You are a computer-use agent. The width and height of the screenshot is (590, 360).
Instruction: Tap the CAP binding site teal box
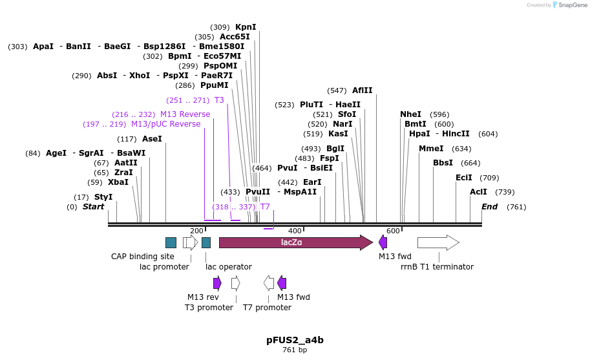171,242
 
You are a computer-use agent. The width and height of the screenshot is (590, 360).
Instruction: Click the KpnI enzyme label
246,27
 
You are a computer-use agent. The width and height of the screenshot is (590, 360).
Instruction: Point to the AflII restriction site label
362,90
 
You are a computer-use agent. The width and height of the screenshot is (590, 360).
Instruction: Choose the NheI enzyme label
410,114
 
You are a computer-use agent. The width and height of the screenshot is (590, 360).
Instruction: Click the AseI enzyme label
151,139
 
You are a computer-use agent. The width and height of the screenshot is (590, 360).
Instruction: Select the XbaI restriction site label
118,182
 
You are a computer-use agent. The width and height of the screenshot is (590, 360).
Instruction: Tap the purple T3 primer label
219,100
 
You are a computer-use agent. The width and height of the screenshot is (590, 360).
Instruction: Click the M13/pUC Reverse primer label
165,124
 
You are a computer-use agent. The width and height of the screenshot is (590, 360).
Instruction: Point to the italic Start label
93,207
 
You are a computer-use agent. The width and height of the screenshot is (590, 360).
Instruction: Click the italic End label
489,207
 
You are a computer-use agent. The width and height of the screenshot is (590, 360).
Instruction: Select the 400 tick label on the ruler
295,231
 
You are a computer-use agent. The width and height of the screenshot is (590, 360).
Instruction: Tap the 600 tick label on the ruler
393,231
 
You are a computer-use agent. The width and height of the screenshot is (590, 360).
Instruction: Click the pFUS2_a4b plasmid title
295,339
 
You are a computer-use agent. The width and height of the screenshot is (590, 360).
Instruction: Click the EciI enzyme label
463,178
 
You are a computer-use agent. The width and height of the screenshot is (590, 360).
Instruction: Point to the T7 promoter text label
267,307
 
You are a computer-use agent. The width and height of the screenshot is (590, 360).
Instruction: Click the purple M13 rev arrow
217,282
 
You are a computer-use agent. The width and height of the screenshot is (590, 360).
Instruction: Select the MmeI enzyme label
431,149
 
